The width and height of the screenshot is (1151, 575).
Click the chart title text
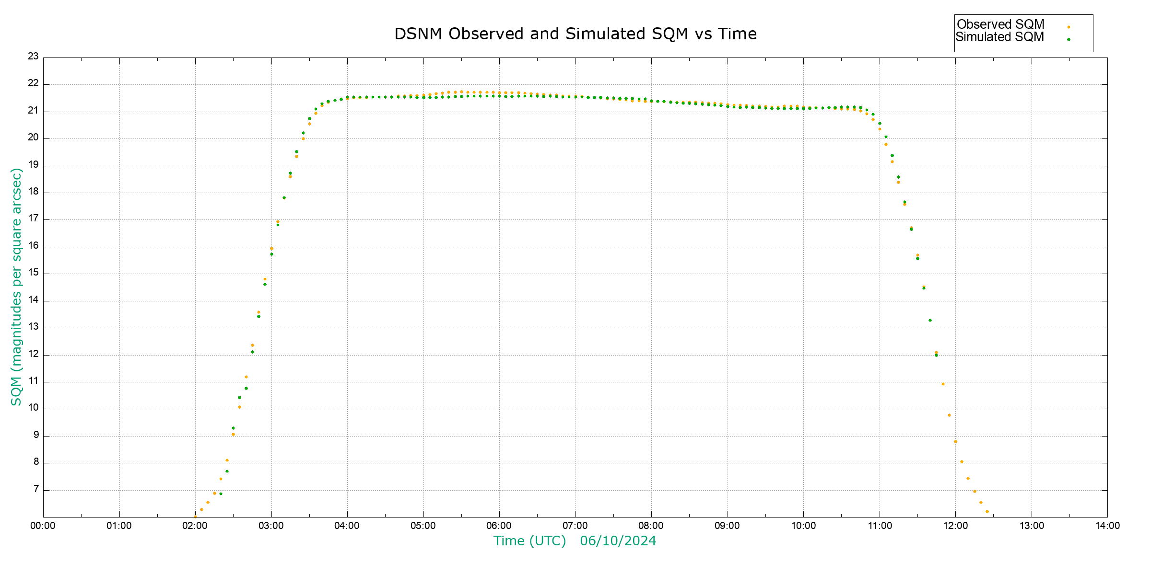click(575, 34)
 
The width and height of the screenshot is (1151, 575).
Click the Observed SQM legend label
click(1000, 24)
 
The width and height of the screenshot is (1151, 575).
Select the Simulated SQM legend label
click(999, 37)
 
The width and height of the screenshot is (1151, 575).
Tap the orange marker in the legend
click(1069, 27)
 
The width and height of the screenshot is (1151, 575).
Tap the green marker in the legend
click(1069, 39)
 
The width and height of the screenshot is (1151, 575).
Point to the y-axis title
click(16, 287)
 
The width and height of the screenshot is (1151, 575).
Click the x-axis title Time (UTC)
click(529, 541)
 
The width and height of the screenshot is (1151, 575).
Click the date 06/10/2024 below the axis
click(618, 541)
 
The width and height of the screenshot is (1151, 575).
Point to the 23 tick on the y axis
click(33, 56)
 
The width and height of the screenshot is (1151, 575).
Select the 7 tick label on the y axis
click(36, 489)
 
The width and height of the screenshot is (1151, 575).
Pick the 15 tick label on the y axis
click(33, 273)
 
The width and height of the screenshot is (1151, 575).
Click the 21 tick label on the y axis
click(33, 110)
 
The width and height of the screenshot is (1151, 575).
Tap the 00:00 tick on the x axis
click(43, 526)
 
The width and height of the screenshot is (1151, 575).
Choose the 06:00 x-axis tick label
click(499, 526)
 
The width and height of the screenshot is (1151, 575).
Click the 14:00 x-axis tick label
click(1107, 526)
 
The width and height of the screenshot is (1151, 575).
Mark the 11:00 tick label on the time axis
click(879, 526)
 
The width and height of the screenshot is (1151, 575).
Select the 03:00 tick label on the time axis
click(271, 526)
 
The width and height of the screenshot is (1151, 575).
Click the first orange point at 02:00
click(195, 517)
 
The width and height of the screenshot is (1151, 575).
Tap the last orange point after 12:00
click(987, 512)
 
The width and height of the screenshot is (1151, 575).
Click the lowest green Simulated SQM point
click(221, 494)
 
